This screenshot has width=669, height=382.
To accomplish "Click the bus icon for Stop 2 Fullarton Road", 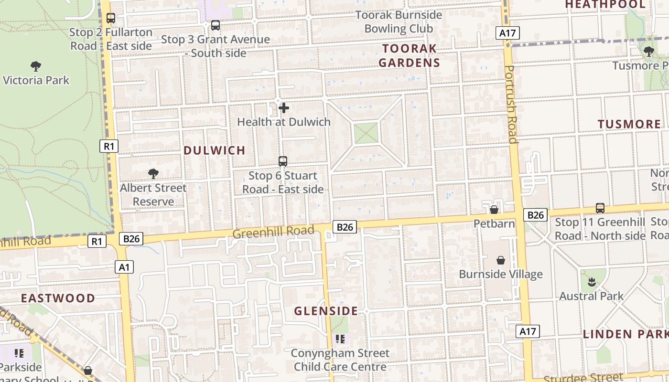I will coord(111,18).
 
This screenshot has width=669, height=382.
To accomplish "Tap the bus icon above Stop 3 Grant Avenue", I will coord(216,25).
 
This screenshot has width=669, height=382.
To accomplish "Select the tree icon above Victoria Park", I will coord(36,66).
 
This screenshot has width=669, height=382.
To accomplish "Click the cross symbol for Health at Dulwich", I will coord(284,108).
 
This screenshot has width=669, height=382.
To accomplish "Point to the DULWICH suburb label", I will coord(215,150).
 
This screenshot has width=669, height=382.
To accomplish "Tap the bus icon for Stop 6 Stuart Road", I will coord(283,161).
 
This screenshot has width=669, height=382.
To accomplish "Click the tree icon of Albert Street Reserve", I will coord(153,174).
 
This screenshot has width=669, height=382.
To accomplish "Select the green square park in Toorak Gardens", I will coord(366,133).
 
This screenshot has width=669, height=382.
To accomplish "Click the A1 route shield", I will coord(124,267).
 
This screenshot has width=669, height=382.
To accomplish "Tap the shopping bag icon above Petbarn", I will coord(494,210).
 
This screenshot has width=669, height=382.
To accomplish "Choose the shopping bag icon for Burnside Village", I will coord(501,260).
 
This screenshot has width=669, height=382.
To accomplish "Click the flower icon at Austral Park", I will coord(592,282).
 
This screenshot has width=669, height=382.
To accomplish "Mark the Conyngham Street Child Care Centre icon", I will coord(340,339).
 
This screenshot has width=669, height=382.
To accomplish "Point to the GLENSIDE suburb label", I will coord(326,311).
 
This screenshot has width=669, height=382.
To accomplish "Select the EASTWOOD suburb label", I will coord(58,298).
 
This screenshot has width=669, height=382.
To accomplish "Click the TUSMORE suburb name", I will coord(629,124).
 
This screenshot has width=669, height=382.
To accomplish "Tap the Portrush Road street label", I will coord(511,105).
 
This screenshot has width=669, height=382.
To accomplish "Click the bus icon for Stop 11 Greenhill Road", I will coord(600,208).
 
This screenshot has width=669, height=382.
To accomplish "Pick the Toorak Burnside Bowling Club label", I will coord(399,22).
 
